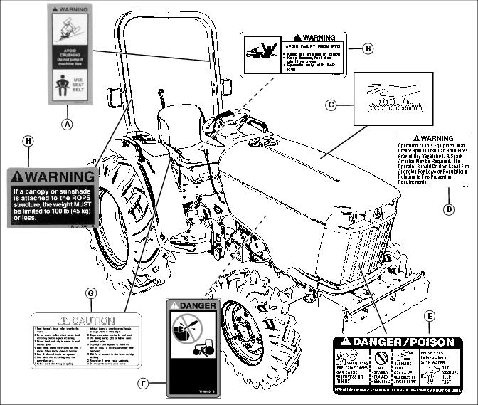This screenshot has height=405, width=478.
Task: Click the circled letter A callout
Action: click(68, 123)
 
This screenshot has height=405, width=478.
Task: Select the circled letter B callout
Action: click(368, 48)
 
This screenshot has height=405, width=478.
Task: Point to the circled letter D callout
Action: click(449, 209)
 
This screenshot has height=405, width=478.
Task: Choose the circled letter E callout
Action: click(428, 315)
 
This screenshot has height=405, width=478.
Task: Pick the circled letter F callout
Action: click(144, 384)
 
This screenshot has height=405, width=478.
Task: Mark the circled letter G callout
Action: click(90, 293)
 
